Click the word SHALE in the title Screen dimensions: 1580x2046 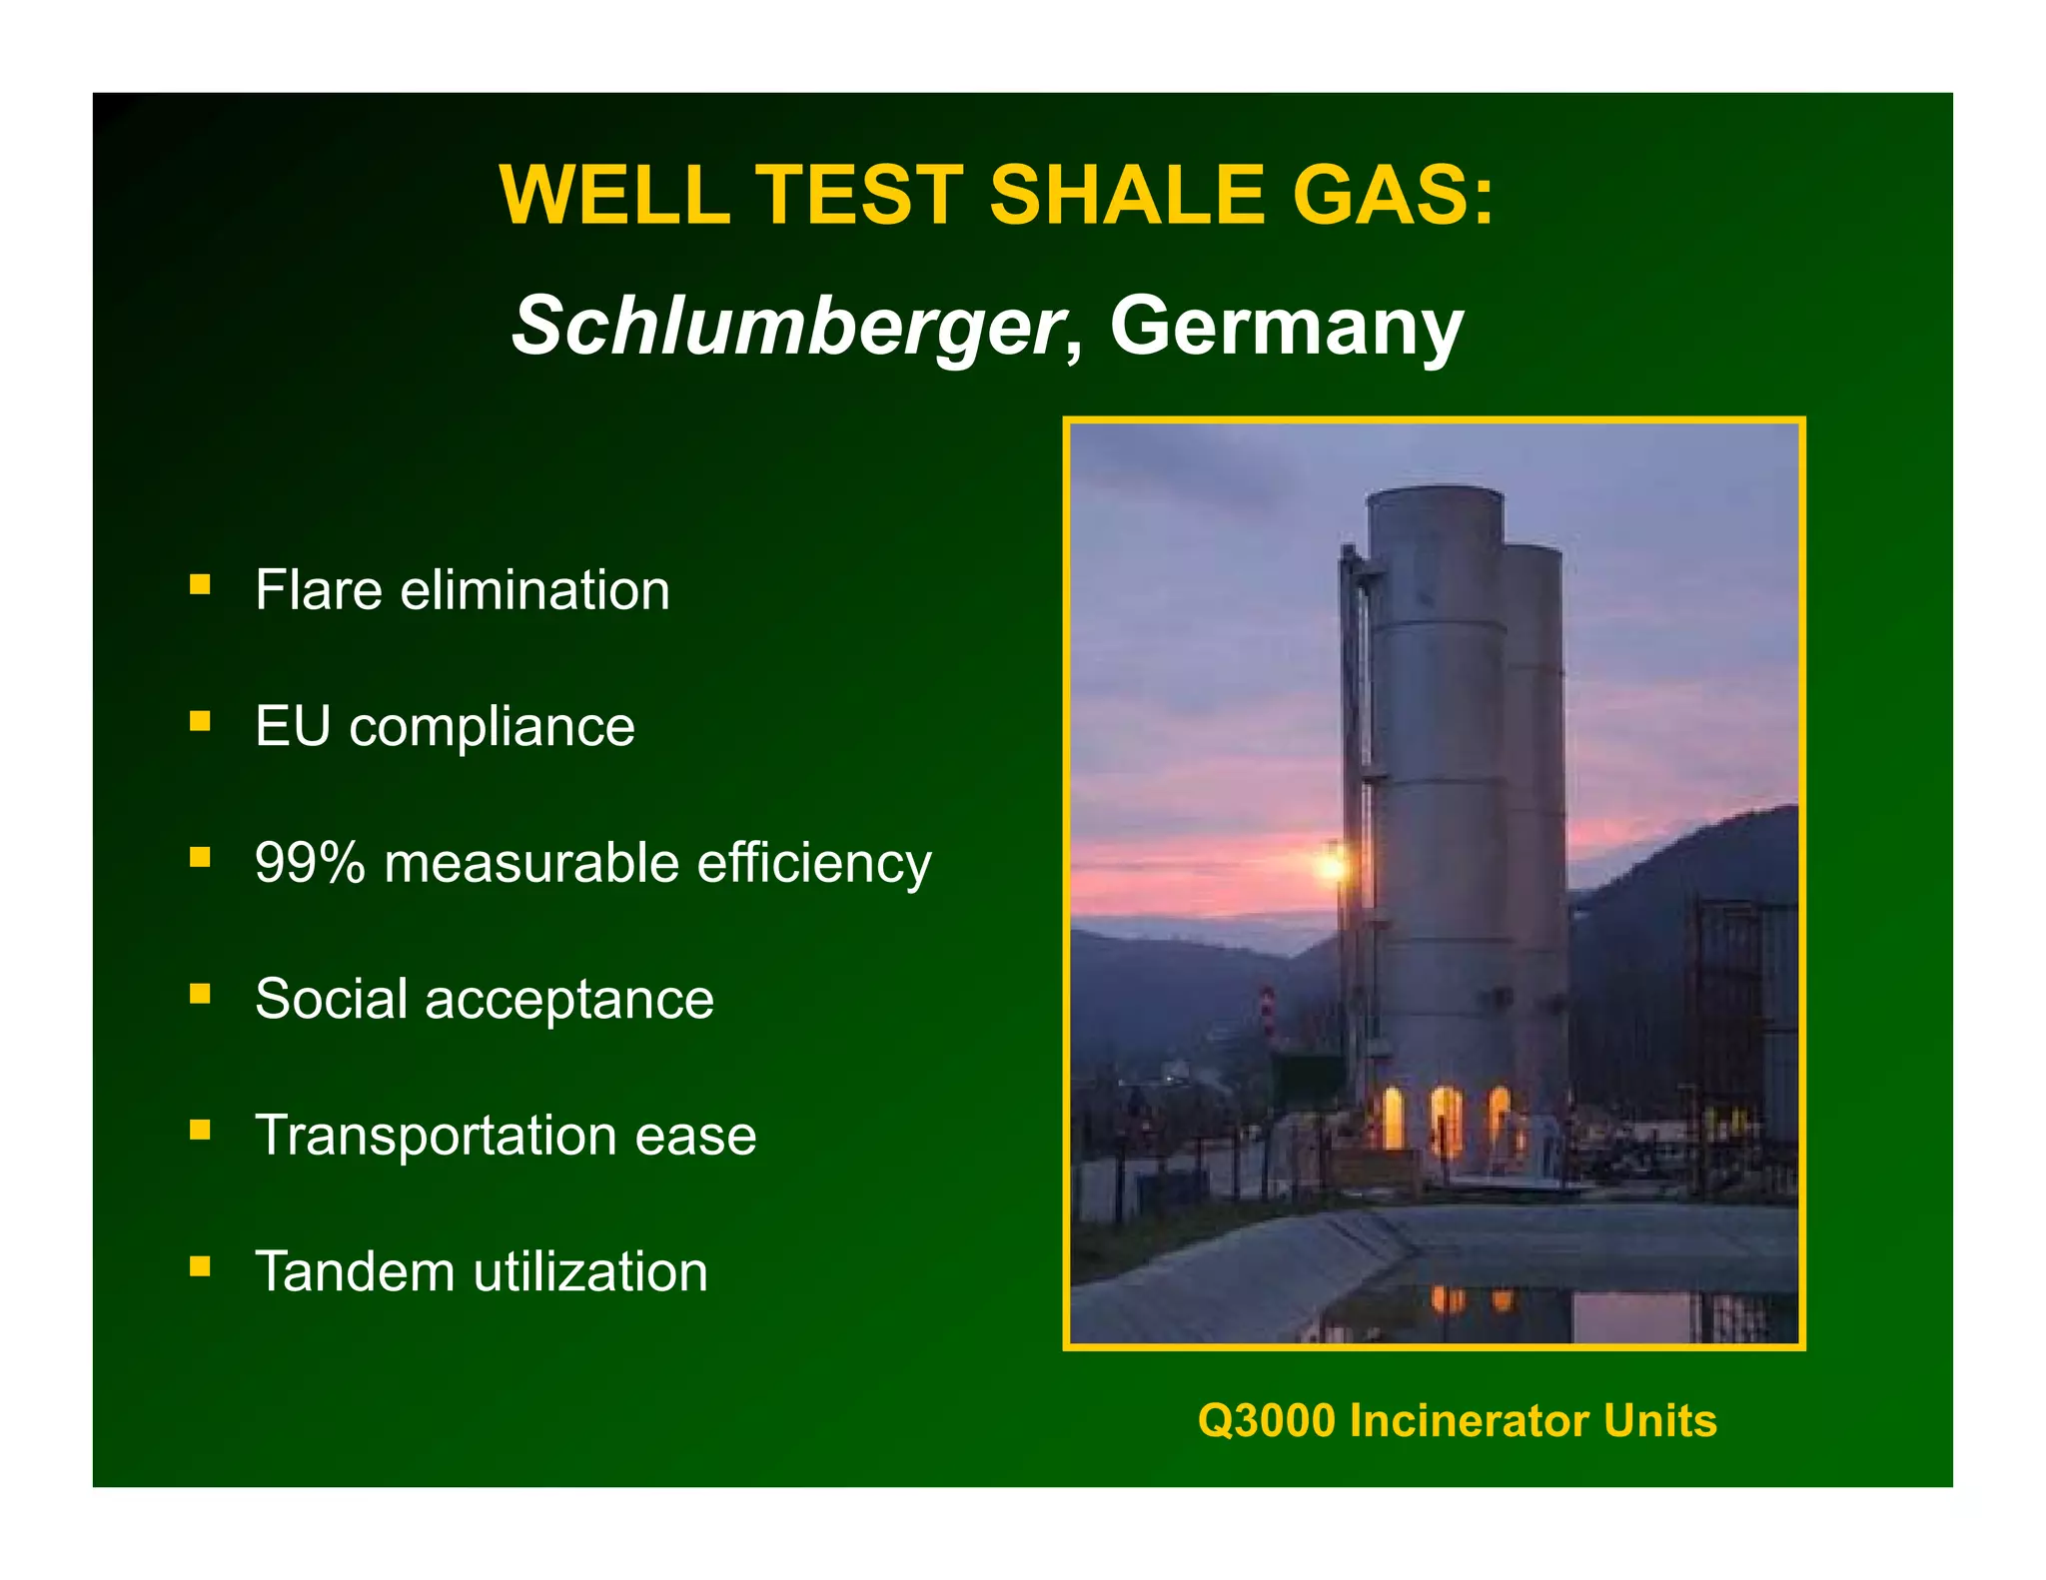[1126, 195]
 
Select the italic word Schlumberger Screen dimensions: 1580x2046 [785, 326]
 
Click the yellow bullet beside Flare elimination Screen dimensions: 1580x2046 [201, 584]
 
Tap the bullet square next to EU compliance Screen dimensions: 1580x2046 [201, 721]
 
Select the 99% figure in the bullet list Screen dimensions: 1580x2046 [310, 863]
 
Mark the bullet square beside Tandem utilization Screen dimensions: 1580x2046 [201, 1267]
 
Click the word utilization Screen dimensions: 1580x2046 [590, 1272]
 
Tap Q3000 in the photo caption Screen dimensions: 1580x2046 [1266, 1420]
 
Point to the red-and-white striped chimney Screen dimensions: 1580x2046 [1267, 1013]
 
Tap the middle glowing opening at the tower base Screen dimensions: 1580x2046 [1445, 1119]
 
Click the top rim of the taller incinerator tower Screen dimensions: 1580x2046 [1435, 492]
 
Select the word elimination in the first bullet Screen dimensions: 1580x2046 [534, 589]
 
